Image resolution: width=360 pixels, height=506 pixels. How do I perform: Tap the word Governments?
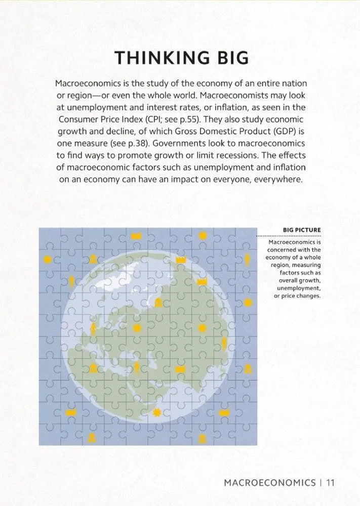tap(172, 143)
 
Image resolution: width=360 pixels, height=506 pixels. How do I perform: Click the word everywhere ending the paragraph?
tap(276, 180)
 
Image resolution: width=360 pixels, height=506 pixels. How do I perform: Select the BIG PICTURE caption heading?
tap(301, 231)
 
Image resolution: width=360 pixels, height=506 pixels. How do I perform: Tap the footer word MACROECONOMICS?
tap(269, 482)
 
